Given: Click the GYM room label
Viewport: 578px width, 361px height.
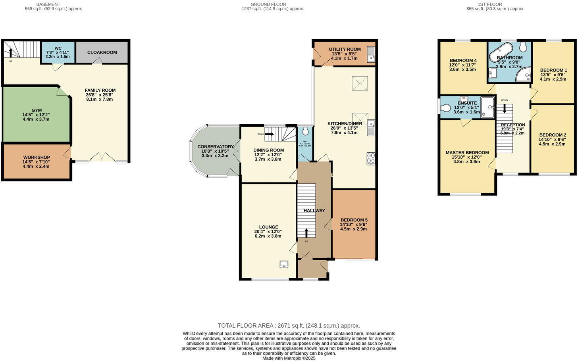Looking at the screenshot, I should pyautogui.click(x=37, y=110).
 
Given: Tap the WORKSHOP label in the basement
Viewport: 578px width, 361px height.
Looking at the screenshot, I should pyautogui.click(x=37, y=157).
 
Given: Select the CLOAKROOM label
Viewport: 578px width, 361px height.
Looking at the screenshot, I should pyautogui.click(x=102, y=52).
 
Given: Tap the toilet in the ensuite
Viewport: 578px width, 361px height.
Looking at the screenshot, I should pyautogui.click(x=445, y=108).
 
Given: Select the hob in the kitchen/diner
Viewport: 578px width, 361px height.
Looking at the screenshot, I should pyautogui.click(x=371, y=158).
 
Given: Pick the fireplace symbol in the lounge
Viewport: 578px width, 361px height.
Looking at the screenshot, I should pyautogui.click(x=284, y=264).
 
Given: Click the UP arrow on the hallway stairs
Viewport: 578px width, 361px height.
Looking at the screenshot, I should pyautogui.click(x=306, y=233).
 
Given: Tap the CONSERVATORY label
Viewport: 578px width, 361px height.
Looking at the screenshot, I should pyautogui.click(x=216, y=147).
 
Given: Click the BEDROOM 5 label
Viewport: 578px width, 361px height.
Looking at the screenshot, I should pyautogui.click(x=354, y=220).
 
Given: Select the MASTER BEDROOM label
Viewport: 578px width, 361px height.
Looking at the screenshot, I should pyautogui.click(x=467, y=153).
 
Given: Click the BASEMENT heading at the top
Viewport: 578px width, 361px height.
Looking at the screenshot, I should pyautogui.click(x=48, y=4).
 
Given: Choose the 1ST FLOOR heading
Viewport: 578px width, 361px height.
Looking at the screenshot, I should pyautogui.click(x=489, y=4).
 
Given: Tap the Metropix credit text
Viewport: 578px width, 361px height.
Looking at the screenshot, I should pyautogui.click(x=289, y=358).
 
